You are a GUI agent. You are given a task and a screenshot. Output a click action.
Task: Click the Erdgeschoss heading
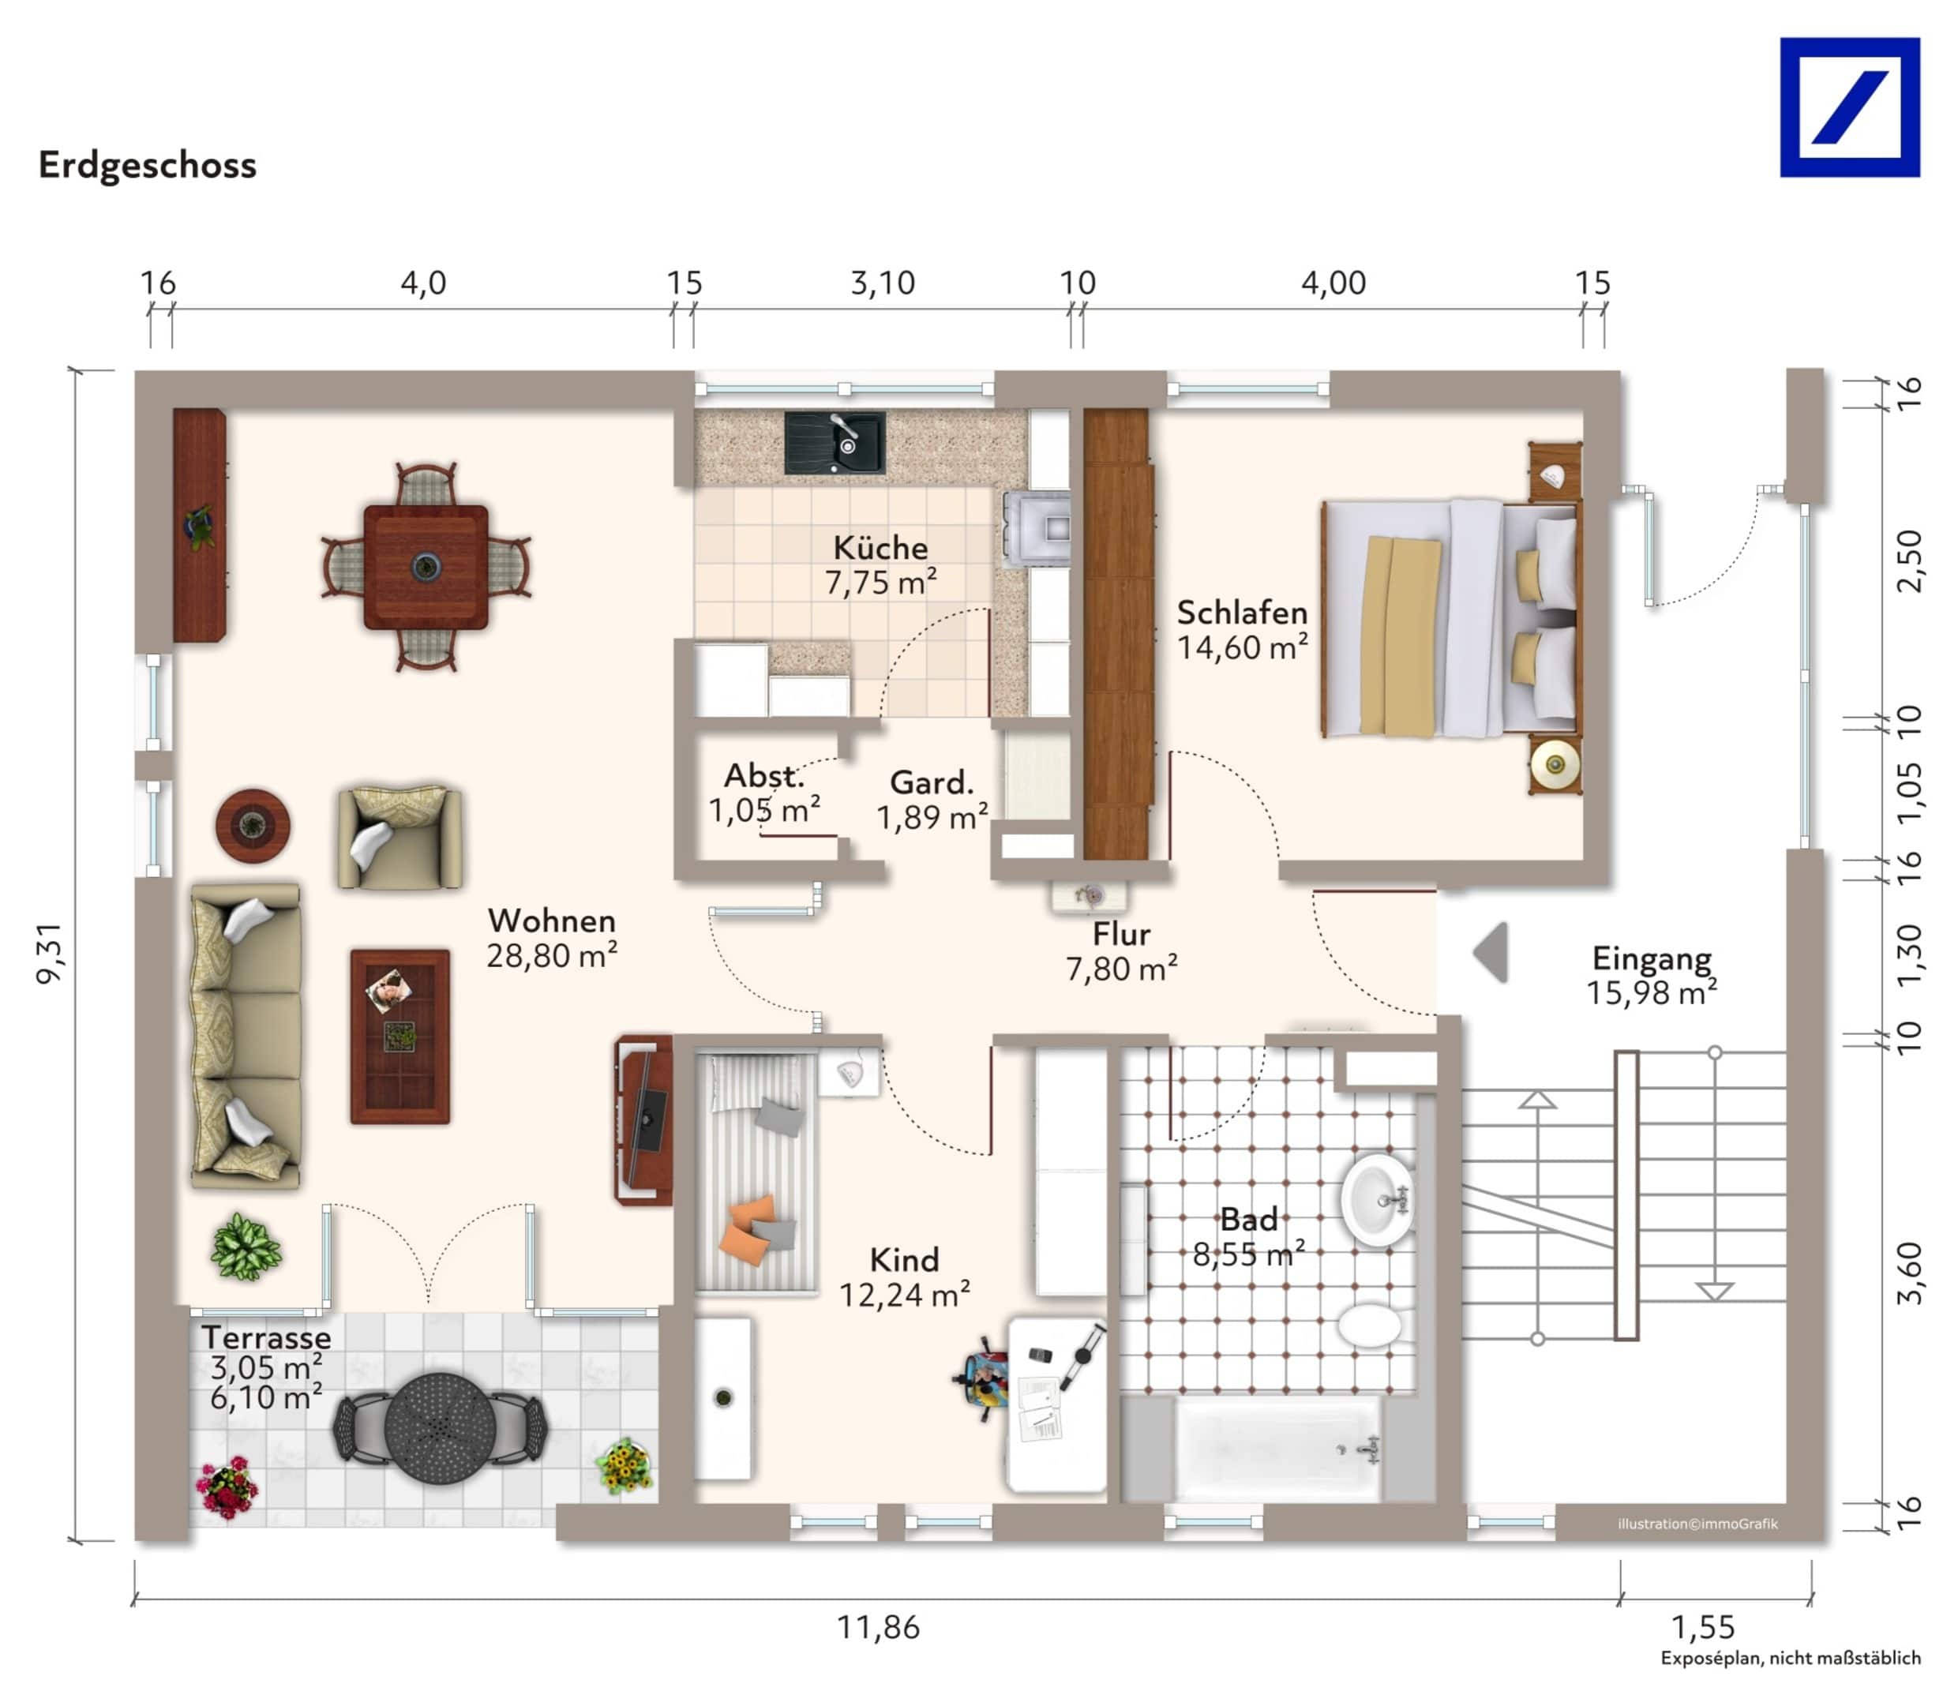click(148, 165)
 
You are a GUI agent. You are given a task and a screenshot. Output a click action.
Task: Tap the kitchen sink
click(834, 443)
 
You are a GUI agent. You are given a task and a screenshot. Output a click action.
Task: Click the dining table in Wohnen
click(426, 568)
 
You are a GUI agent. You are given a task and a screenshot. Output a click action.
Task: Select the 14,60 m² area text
click(1241, 647)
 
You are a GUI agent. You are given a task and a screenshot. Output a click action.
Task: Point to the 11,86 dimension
click(878, 1627)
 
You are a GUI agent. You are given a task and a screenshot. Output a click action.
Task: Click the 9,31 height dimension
click(50, 952)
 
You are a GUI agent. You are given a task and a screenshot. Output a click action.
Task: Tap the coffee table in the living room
click(399, 1036)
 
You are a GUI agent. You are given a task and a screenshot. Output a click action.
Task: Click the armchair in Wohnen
click(399, 837)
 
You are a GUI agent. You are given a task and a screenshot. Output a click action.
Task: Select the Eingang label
click(1652, 958)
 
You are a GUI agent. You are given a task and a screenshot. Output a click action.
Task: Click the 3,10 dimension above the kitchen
click(883, 283)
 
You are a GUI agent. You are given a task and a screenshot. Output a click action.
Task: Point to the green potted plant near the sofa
click(246, 1247)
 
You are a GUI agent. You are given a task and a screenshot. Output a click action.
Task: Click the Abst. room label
click(763, 775)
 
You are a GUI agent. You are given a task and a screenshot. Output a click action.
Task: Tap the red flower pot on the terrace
click(227, 1487)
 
